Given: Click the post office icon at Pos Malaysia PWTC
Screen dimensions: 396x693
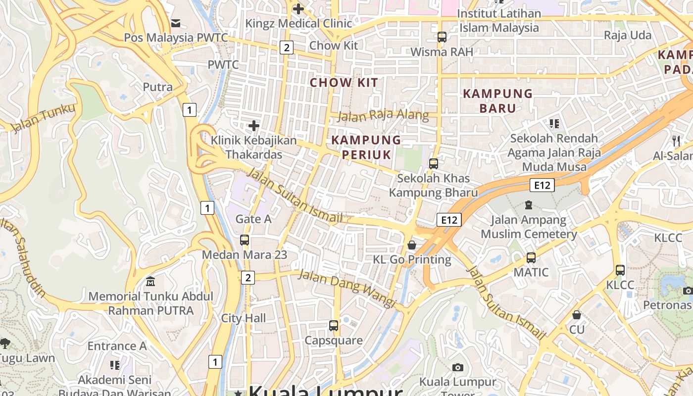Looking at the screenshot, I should [x=176, y=23].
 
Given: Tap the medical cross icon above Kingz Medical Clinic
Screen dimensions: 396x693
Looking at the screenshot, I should [x=298, y=8].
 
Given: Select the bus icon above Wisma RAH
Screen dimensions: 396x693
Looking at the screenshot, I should [x=442, y=37].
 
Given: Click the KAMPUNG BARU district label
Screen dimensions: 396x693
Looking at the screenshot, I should [x=497, y=100].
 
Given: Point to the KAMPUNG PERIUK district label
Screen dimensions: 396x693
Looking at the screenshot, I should [x=366, y=147].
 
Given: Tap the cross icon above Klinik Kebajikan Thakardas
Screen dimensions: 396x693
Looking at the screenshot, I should [x=254, y=126].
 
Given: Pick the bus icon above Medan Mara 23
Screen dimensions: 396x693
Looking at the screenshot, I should [x=245, y=240].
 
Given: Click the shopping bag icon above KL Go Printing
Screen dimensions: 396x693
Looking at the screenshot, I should [x=411, y=245].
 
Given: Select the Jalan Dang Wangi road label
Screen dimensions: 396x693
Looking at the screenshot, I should [x=347, y=288].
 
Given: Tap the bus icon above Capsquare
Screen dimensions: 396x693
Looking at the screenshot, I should [x=334, y=326].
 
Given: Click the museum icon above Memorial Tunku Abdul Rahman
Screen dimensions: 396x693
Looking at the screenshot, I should [x=150, y=282].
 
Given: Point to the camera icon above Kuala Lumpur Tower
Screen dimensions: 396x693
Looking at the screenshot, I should [x=458, y=367].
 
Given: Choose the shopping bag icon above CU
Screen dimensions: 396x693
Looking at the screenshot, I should [x=577, y=315].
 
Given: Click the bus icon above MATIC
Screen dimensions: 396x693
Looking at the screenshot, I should [x=531, y=257].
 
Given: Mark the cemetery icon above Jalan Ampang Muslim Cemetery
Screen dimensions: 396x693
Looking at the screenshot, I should [x=529, y=204].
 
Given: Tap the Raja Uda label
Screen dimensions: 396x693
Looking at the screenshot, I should [x=628, y=35].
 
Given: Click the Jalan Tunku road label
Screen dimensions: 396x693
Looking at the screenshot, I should [x=43, y=118].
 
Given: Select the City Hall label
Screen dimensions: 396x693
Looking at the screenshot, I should [x=244, y=318].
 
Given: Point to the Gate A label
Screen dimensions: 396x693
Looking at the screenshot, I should [x=253, y=219].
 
